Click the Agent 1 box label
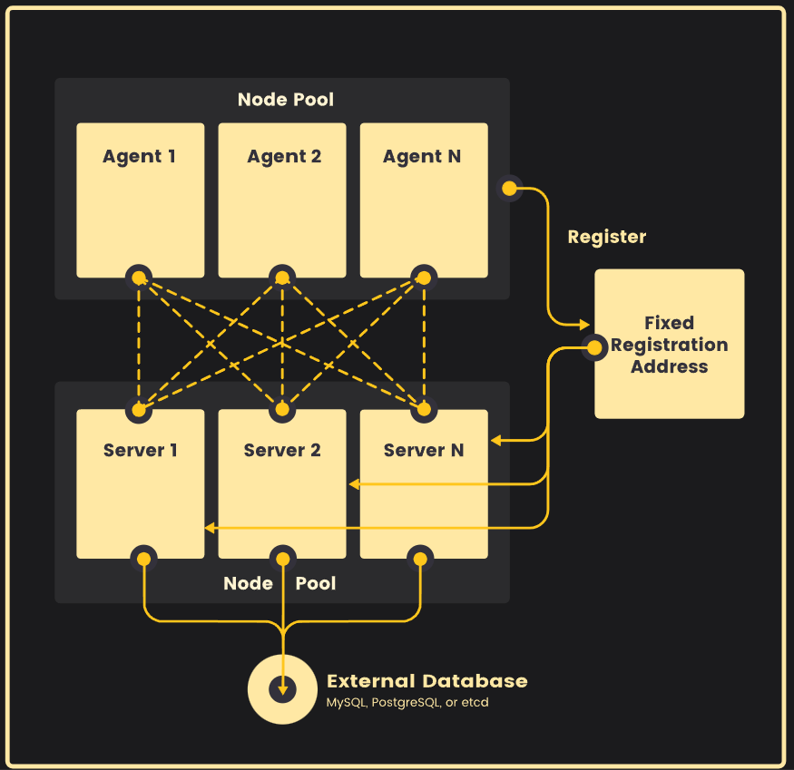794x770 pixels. tap(139, 156)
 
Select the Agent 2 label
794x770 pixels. tap(284, 156)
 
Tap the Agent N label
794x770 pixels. tap(422, 156)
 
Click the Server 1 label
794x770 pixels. tap(140, 450)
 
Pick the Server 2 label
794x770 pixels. tap(282, 450)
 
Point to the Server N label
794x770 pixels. tap(423, 450)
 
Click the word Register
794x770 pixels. tap(606, 237)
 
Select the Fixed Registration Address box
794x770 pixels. tap(669, 344)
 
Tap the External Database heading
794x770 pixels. tap(426, 681)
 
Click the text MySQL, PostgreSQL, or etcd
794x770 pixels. tap(407, 703)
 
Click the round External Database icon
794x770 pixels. tap(283, 689)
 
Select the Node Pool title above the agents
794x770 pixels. tap(286, 99)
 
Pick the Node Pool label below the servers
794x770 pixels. tap(279, 583)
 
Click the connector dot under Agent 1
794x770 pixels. tap(139, 278)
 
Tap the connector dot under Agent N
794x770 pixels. tap(423, 278)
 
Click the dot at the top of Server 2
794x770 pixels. tap(282, 410)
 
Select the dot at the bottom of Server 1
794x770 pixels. tap(143, 557)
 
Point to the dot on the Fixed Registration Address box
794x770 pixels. tap(594, 347)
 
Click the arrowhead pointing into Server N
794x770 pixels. tap(495, 441)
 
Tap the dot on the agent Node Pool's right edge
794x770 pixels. tap(510, 189)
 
